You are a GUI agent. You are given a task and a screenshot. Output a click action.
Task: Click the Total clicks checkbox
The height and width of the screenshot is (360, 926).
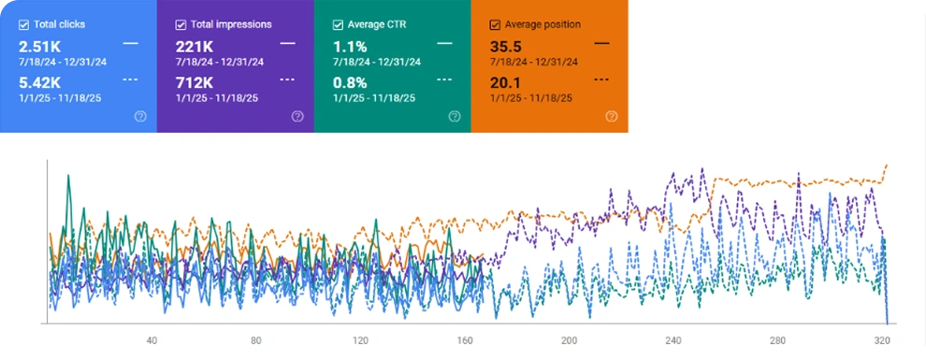click(x=23, y=23)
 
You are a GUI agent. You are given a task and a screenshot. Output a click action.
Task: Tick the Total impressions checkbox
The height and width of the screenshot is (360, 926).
click(x=181, y=23)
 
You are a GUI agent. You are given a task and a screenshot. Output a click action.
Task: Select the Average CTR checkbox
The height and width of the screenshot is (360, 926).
click(x=338, y=23)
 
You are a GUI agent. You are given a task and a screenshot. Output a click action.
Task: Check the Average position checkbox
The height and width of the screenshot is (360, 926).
click(x=495, y=23)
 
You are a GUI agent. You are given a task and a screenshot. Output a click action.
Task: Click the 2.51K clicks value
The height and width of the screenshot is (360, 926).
click(x=39, y=45)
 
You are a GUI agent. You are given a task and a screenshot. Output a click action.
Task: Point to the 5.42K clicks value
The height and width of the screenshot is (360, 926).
click(x=39, y=81)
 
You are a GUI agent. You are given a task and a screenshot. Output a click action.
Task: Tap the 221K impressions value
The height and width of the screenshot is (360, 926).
click(x=194, y=45)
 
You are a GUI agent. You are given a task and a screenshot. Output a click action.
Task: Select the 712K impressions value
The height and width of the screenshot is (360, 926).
click(x=194, y=81)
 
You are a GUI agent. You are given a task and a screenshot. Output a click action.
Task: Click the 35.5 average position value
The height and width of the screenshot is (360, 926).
click(x=505, y=45)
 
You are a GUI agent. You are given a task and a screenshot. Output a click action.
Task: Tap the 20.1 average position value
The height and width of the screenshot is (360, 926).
click(x=505, y=81)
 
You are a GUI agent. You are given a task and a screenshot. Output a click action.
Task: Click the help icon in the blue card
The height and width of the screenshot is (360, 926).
click(x=140, y=117)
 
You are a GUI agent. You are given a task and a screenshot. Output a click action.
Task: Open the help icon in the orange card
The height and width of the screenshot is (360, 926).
click(x=611, y=117)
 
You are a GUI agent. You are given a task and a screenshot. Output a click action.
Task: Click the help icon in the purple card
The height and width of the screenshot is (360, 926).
click(x=297, y=117)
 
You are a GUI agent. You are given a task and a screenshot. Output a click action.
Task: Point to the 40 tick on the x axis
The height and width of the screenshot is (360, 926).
click(x=152, y=340)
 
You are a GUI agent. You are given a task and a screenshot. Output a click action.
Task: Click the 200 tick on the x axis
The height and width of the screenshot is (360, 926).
click(x=569, y=340)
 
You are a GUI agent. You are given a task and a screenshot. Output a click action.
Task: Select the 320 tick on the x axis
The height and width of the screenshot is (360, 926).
click(x=882, y=340)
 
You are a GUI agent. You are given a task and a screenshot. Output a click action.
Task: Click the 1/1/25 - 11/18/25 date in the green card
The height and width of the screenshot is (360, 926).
click(x=374, y=97)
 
